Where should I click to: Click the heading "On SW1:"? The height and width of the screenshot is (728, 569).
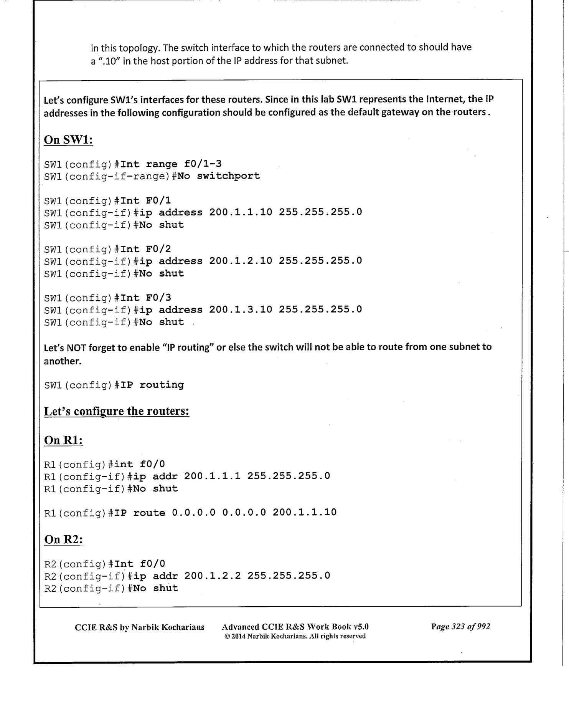click(69, 140)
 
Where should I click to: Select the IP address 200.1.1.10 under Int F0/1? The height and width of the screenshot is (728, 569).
click(241, 212)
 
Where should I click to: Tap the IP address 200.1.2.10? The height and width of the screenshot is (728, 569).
click(241, 261)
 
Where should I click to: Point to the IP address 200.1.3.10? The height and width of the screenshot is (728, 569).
click(241, 309)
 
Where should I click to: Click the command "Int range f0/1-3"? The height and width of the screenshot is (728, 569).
click(171, 164)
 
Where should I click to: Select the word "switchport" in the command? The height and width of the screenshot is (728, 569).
click(228, 176)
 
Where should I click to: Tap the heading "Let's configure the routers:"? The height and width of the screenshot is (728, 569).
click(117, 411)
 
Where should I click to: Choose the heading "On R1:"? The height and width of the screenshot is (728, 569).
click(64, 440)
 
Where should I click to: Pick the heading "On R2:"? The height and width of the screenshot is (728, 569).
click(64, 539)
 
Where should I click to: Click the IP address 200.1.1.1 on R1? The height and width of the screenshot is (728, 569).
click(212, 476)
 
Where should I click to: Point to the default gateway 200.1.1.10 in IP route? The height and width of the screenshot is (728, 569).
click(304, 512)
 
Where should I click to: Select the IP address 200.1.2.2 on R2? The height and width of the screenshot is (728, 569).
click(212, 576)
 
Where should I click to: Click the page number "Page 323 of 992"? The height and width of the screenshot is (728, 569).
click(460, 627)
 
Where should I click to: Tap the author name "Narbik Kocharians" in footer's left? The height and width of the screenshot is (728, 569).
click(168, 627)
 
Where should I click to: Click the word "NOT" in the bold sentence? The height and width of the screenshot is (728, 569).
click(77, 347)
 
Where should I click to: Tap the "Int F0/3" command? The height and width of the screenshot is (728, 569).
click(146, 298)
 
